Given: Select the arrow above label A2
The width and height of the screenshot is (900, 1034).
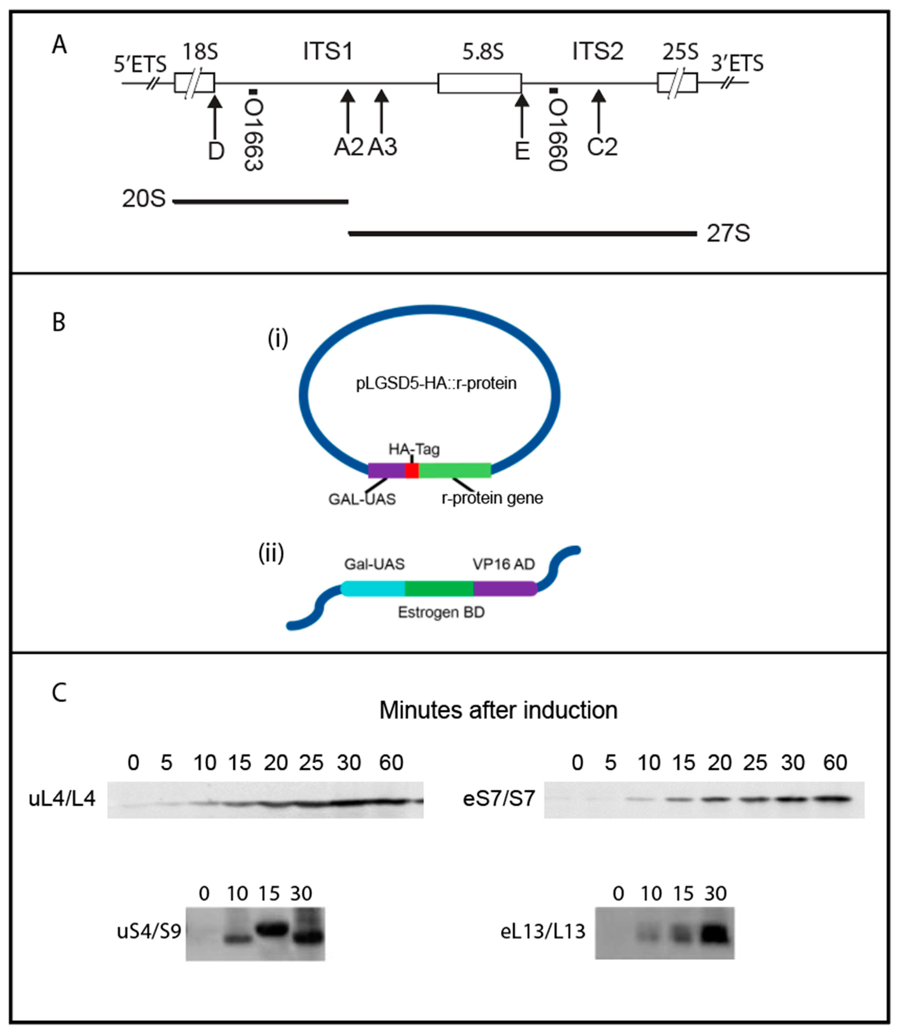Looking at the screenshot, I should [348, 111].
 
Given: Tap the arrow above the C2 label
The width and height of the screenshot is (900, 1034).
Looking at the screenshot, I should [598, 111].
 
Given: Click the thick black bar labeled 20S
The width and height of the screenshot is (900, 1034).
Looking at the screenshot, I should [260, 202].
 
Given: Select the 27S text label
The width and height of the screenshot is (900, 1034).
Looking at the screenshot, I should [728, 234].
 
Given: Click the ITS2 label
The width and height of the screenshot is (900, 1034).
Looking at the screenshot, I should [598, 51].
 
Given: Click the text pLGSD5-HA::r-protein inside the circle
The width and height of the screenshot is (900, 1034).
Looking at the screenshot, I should [436, 384].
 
